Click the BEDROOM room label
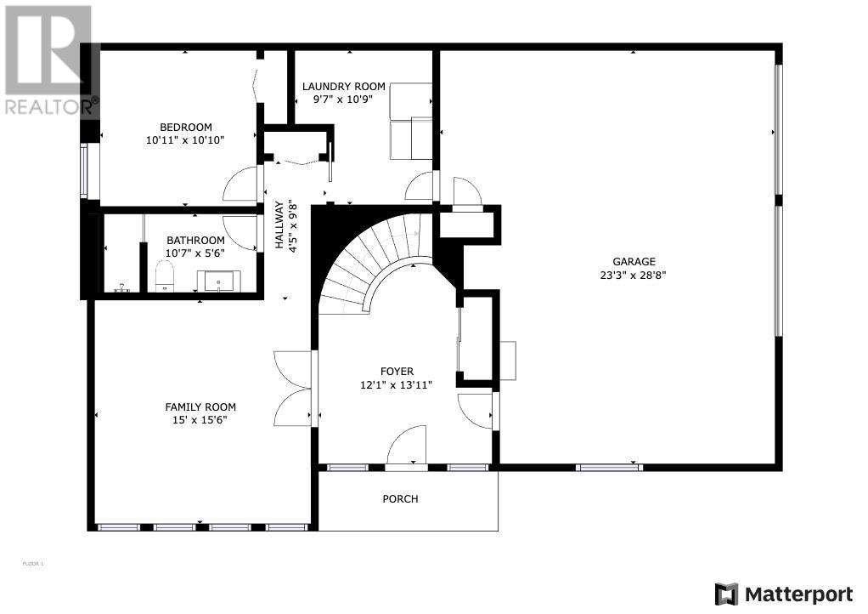(186, 127)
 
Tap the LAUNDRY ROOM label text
(344, 87)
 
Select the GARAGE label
(634, 262)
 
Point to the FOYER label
(397, 372)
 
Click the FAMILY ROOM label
(200, 406)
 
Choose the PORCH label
(400, 498)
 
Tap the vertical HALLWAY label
(279, 225)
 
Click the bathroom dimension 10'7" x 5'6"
(195, 253)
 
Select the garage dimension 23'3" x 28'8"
(634, 275)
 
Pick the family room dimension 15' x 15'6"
(200, 420)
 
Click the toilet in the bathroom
(165, 276)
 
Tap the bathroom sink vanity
(219, 281)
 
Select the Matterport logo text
(799, 595)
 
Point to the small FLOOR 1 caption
(32, 564)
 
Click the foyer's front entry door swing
(407, 446)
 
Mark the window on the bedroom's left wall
(83, 171)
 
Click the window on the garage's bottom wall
(609, 468)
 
